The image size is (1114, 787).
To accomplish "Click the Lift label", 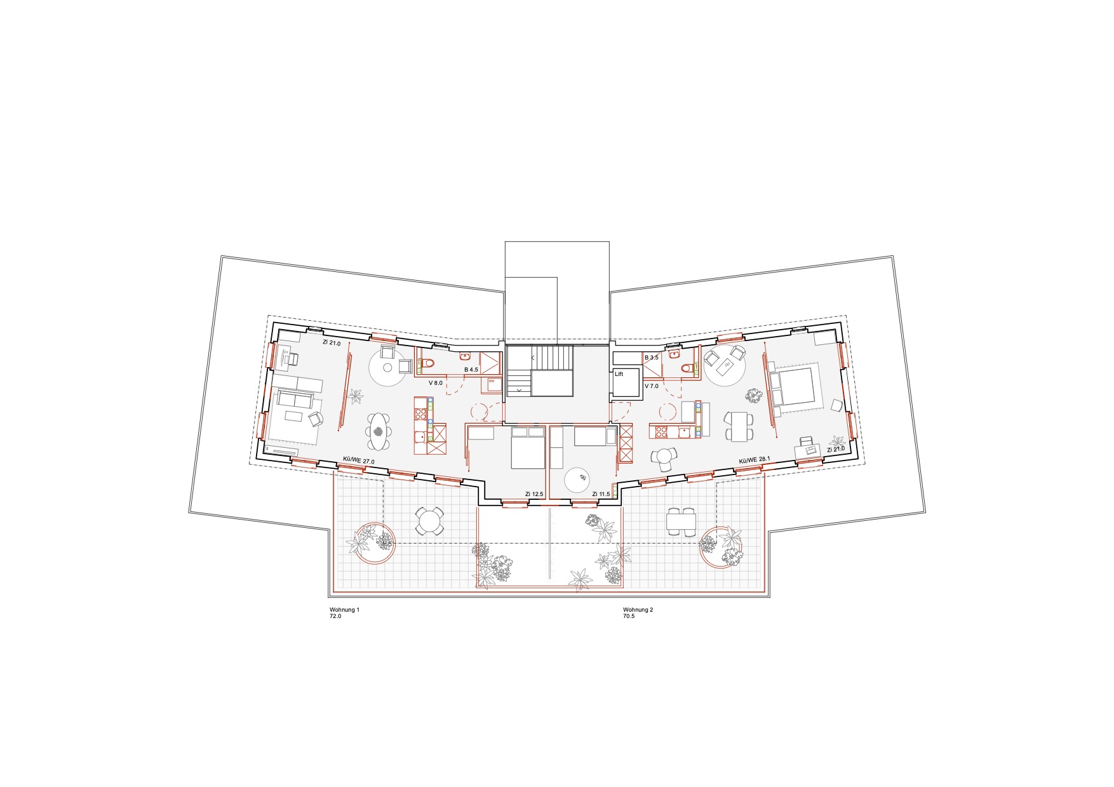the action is (619, 374).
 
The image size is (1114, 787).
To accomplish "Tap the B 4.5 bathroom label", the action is (471, 370).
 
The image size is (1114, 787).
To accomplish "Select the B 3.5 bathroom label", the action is (652, 358).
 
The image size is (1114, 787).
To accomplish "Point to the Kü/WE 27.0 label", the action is (359, 461).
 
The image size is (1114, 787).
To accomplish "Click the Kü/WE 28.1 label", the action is (755, 459).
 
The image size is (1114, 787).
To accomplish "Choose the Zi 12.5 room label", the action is (534, 494).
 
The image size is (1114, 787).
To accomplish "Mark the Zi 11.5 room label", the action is (601, 494).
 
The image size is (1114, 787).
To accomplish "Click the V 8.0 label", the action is (436, 383).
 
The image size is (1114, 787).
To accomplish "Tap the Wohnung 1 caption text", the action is (344, 610).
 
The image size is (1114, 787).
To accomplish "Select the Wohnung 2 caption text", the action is (638, 610).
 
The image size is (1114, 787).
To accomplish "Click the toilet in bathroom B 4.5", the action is (427, 363).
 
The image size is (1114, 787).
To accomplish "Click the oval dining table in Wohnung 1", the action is (379, 431).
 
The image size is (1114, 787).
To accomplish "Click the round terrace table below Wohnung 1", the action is (430, 521).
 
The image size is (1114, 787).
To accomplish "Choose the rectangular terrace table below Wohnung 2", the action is (681, 522).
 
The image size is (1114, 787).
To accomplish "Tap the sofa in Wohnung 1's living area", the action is (295, 400).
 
